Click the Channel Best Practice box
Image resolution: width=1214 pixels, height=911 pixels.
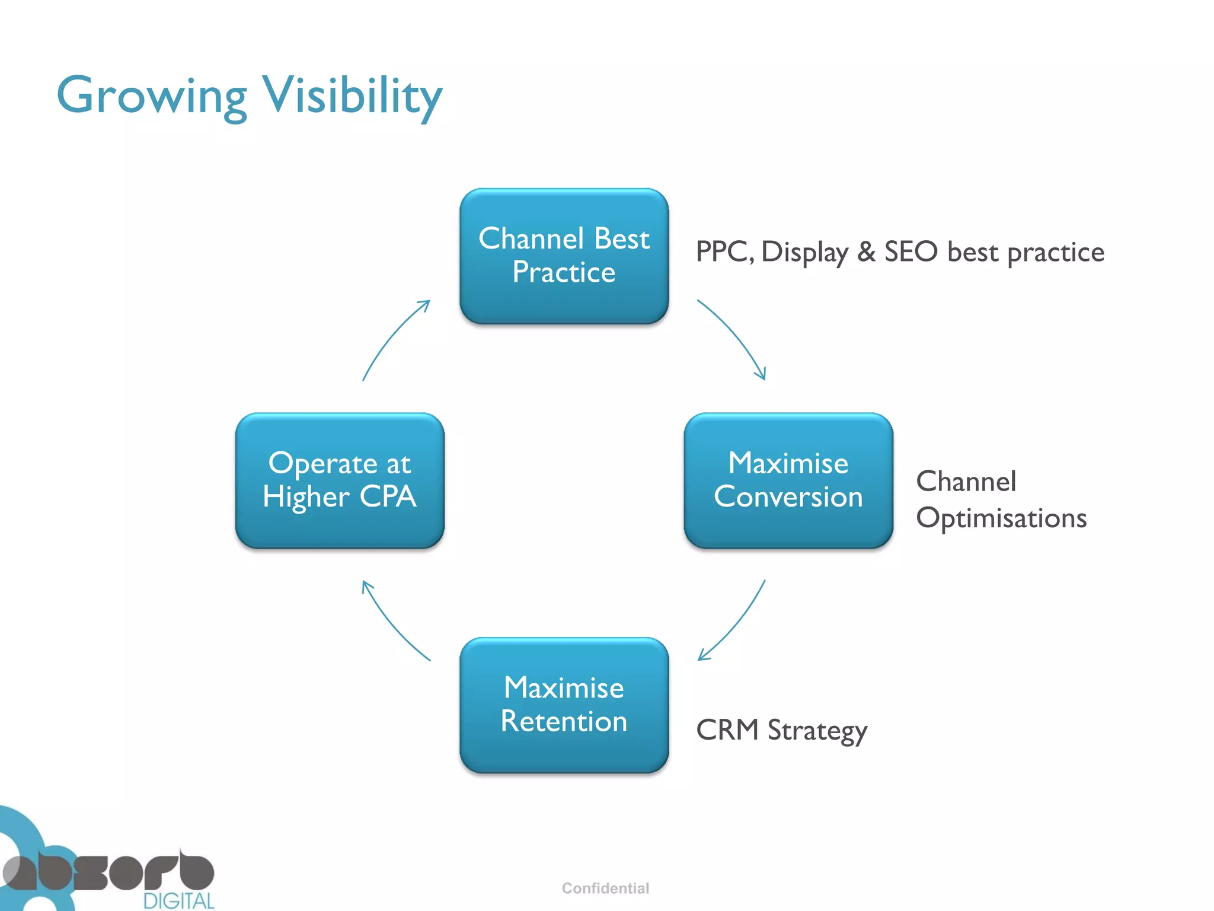(x=564, y=256)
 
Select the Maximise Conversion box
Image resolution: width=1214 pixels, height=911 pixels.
(x=788, y=480)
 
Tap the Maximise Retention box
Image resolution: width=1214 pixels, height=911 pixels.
(x=564, y=705)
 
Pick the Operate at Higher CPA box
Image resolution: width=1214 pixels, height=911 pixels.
(x=340, y=480)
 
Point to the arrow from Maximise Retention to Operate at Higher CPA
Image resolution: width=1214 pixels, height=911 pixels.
(x=391, y=625)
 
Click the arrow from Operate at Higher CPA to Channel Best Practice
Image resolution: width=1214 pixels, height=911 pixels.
(x=391, y=335)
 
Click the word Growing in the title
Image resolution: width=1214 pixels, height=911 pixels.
(x=152, y=96)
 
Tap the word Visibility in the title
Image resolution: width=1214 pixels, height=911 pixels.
(x=352, y=96)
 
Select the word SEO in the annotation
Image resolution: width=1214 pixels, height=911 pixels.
(x=911, y=251)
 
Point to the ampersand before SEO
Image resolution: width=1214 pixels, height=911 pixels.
(x=866, y=251)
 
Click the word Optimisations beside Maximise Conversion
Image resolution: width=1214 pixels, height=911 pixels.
(x=1001, y=518)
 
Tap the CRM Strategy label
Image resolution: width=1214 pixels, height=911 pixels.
(x=781, y=730)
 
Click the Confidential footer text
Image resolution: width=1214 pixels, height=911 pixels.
(x=605, y=888)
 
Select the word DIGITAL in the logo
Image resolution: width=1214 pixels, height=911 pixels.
(x=178, y=901)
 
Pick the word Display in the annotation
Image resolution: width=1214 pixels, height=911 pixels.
(x=804, y=253)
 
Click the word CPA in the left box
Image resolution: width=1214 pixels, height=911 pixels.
(x=388, y=496)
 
